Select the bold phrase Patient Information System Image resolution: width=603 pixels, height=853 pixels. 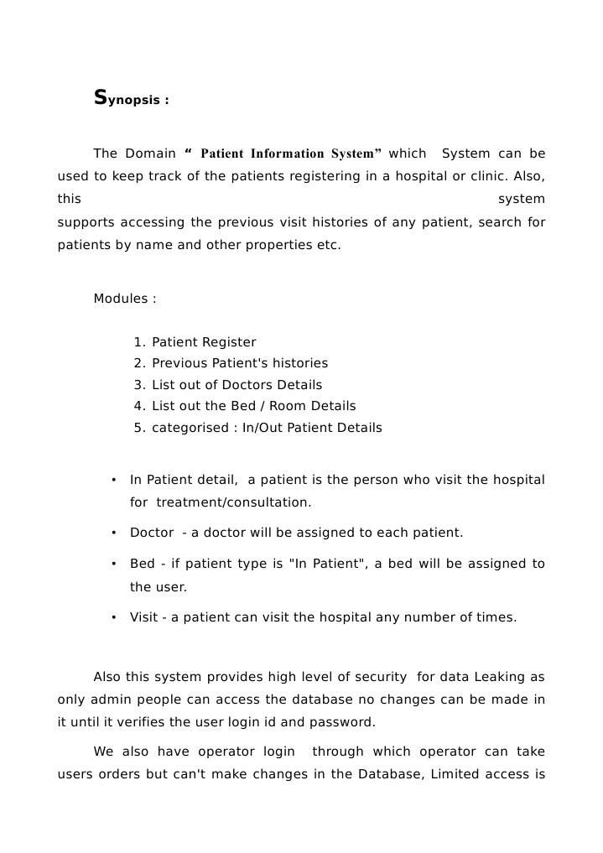pos(291,153)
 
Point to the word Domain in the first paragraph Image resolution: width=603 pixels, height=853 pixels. pos(150,153)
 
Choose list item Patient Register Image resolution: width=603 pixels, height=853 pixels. pos(204,342)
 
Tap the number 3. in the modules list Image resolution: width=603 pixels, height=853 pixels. pos(140,385)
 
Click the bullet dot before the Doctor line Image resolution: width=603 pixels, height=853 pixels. pos(112,533)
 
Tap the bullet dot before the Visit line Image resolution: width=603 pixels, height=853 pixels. pos(112,618)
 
